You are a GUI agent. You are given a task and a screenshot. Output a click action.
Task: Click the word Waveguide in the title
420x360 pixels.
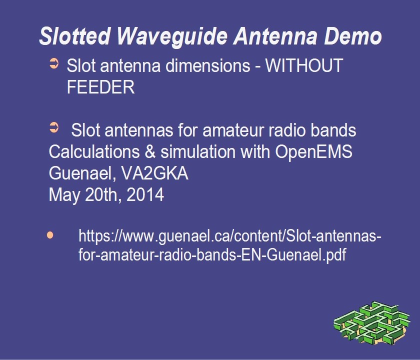(x=172, y=36)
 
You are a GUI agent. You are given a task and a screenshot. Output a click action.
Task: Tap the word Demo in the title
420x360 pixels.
(x=353, y=36)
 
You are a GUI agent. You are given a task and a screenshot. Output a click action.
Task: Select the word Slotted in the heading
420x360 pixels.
(x=74, y=36)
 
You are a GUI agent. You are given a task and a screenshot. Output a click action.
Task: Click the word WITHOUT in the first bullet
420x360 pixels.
(x=304, y=65)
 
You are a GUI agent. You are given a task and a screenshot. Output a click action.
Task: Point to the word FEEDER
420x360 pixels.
(x=100, y=87)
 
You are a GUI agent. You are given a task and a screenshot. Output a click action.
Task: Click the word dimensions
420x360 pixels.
(x=208, y=65)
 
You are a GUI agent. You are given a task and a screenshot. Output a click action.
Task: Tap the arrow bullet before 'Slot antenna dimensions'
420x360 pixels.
(x=54, y=63)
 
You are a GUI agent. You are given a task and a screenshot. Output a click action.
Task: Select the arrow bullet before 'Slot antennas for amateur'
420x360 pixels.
(x=54, y=127)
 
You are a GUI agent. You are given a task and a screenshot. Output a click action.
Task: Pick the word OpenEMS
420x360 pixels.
(x=313, y=151)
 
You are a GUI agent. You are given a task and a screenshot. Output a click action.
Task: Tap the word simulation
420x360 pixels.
(x=198, y=151)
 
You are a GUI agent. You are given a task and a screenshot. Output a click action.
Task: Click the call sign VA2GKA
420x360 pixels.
(x=155, y=173)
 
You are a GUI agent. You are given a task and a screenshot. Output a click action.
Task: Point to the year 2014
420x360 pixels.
(x=145, y=194)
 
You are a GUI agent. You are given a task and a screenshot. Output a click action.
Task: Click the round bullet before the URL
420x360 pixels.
(x=50, y=235)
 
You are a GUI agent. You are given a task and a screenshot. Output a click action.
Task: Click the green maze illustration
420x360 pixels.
(x=372, y=323)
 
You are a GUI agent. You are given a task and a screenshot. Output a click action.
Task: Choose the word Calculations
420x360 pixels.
(x=94, y=151)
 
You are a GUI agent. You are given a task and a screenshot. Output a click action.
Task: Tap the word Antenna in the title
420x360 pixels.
(x=275, y=36)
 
